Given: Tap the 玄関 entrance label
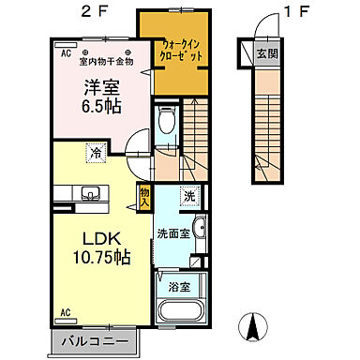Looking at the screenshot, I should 268,52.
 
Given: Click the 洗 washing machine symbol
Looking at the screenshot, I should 188,197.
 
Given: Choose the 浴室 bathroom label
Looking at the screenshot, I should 177,289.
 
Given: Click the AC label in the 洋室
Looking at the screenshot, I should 66,54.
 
